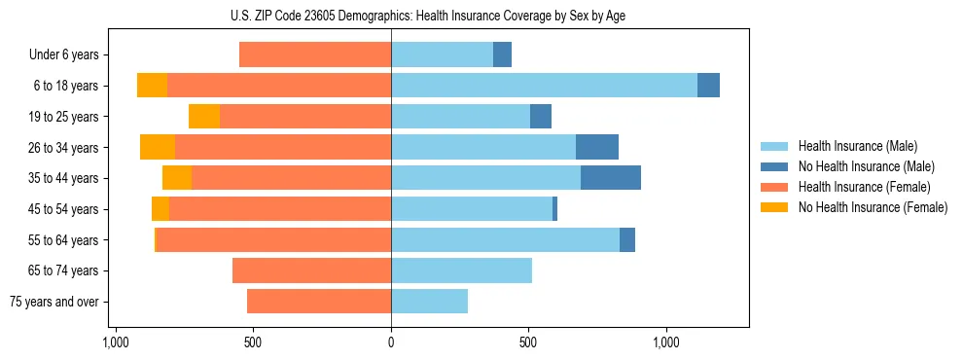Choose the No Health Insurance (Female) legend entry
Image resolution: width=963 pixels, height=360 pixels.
coord(873,207)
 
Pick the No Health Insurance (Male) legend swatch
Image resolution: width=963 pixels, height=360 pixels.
coord(774,166)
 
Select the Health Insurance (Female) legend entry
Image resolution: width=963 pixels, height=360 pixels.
coord(864,187)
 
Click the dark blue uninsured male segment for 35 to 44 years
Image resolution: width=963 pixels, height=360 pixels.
coord(610,178)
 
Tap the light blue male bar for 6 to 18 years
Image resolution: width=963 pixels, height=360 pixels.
coord(544,86)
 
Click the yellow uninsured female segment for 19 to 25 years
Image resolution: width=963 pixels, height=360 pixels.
coord(204,117)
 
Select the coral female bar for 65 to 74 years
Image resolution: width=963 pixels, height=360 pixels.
coord(311,270)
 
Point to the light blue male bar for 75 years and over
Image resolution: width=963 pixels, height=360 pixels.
coord(429,302)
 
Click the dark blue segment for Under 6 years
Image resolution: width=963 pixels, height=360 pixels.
coord(502,54)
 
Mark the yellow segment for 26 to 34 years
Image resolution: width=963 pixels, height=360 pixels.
coord(158,147)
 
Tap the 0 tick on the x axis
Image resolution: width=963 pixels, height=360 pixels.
coord(391,342)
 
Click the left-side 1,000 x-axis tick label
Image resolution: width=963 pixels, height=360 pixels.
coord(116,342)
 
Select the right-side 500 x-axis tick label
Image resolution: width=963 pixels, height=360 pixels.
coord(528,342)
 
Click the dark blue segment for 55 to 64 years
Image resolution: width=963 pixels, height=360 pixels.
coord(627,239)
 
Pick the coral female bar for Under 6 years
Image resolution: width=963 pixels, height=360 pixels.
coord(315,54)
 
